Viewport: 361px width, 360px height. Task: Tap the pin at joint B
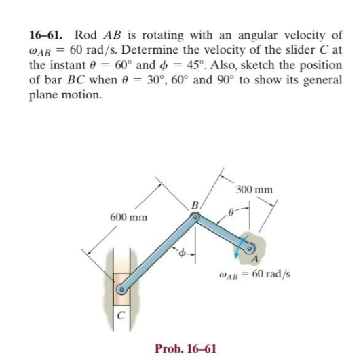tap(195, 218)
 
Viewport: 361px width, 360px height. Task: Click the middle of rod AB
tap(222, 233)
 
